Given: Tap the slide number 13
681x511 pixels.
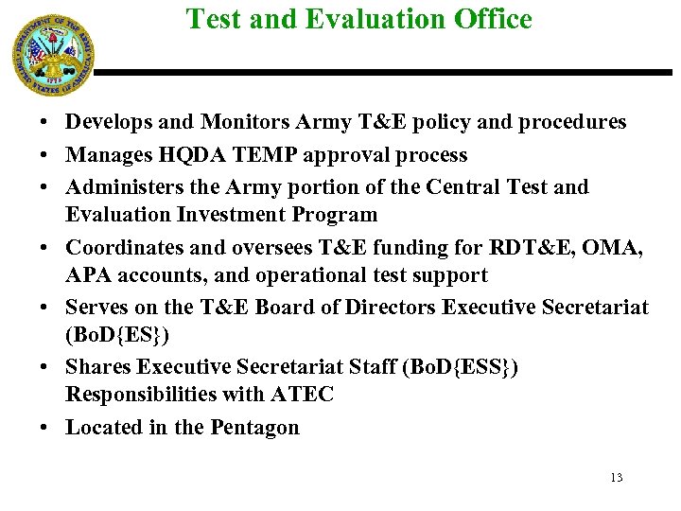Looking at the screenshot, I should (617, 477).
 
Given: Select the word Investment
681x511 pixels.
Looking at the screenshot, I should (232, 214).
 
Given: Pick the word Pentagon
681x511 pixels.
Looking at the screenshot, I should (254, 427).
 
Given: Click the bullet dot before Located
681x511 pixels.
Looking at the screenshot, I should (45, 428).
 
